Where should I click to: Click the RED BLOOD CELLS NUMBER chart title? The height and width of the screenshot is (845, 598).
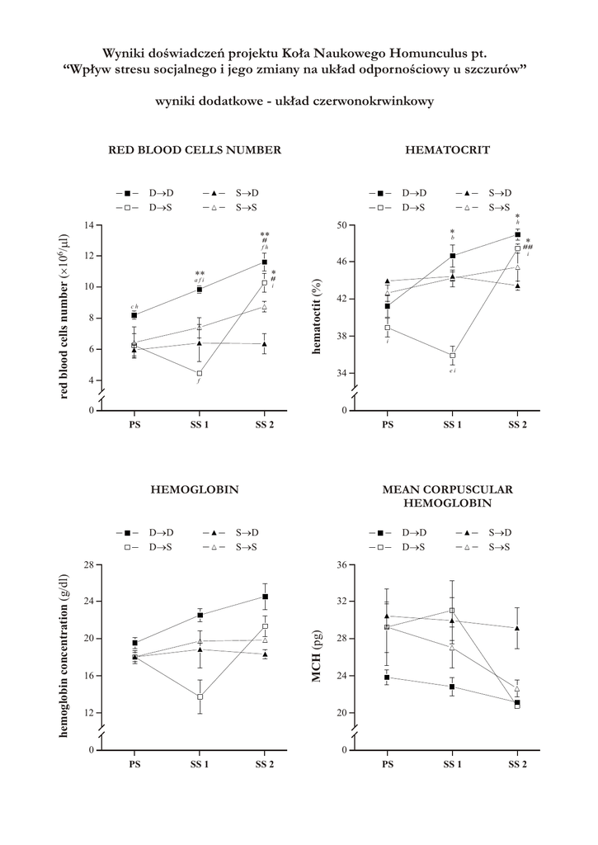pyautogui.click(x=195, y=150)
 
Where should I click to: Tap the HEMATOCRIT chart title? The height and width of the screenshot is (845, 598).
pyautogui.click(x=448, y=150)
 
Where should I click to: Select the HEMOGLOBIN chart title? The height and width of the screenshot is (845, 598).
pyautogui.click(x=195, y=489)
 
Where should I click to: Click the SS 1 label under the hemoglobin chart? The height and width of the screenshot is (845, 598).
pyautogui.click(x=199, y=764)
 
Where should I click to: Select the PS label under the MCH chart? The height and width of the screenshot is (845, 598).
pyautogui.click(x=388, y=764)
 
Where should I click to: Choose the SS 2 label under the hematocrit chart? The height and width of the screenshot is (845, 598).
pyautogui.click(x=517, y=425)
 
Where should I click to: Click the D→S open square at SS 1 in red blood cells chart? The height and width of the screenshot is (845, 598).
pyautogui.click(x=199, y=373)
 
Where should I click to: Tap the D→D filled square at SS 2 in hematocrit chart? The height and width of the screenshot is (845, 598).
pyautogui.click(x=517, y=234)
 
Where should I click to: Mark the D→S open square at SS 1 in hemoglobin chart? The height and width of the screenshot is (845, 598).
pyautogui.click(x=199, y=696)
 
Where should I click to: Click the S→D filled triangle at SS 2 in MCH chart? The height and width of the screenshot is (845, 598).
pyautogui.click(x=517, y=628)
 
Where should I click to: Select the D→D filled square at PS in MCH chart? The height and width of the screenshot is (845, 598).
pyautogui.click(x=388, y=677)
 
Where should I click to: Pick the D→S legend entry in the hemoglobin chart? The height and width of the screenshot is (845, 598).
pyautogui.click(x=148, y=547)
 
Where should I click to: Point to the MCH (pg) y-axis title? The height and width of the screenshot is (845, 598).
pyautogui.click(x=316, y=658)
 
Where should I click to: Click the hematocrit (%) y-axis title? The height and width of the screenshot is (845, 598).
pyautogui.click(x=316, y=317)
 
